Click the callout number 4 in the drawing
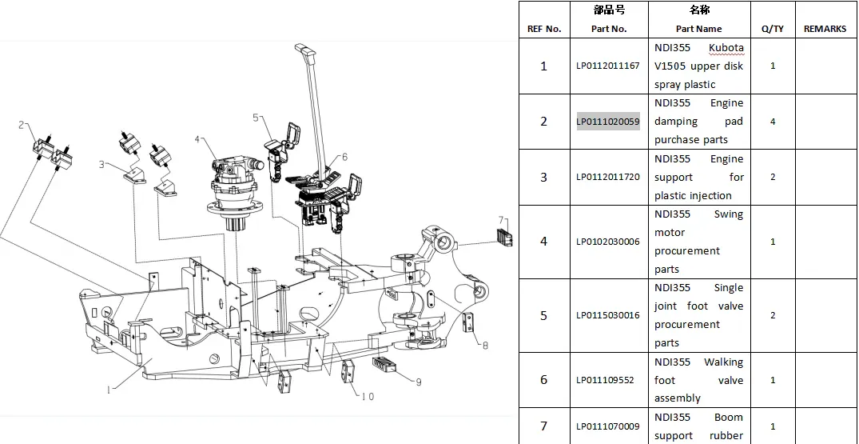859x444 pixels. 197,139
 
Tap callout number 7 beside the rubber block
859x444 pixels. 501,220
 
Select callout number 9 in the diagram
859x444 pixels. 419,382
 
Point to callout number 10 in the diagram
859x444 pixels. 368,396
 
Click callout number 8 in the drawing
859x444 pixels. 485,346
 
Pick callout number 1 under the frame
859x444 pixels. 109,390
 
